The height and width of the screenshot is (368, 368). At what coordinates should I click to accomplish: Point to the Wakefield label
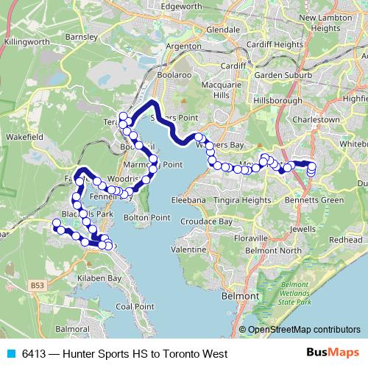[26, 135]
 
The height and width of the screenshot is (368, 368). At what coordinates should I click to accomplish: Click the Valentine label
[188, 250]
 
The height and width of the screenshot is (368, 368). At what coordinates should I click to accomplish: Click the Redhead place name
[346, 240]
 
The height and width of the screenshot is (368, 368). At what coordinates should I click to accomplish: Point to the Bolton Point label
[146, 218]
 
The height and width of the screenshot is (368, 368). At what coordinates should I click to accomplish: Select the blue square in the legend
[12, 353]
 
